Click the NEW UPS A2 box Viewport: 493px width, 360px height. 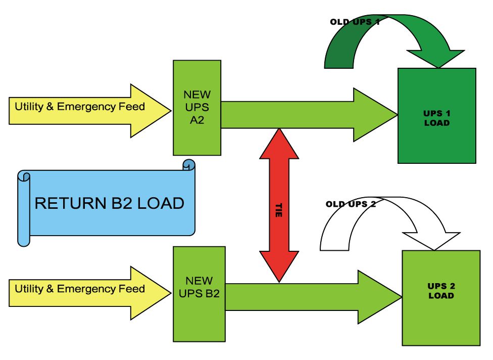197,108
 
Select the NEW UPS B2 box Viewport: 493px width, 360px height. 199,293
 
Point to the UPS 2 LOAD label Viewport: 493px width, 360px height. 441,291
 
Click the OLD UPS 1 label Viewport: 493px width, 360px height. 355,22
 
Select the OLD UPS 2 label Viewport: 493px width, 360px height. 351,204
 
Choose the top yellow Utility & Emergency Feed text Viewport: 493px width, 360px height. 80,107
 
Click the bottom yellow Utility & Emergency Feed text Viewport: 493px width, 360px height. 80,289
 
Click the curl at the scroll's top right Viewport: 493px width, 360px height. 189,165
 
